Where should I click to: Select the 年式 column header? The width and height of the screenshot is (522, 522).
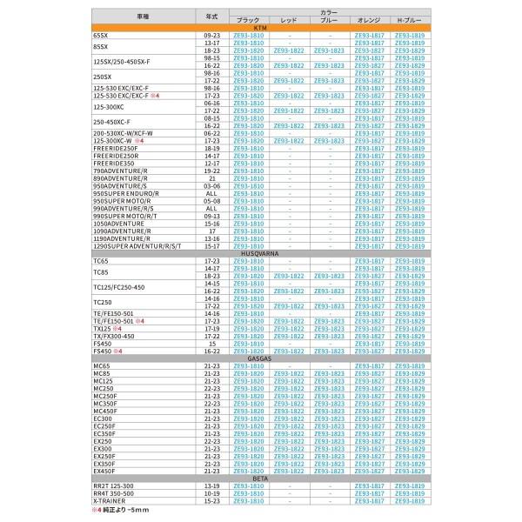point(211,16)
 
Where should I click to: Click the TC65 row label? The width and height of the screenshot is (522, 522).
point(100,262)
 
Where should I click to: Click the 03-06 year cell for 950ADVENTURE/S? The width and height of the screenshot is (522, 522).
point(211,184)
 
